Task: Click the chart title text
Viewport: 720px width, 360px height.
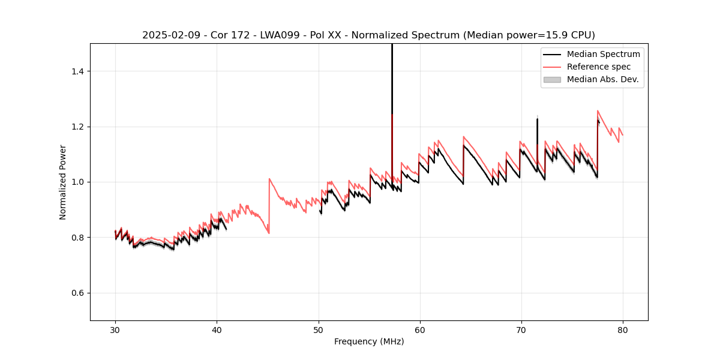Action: (x=368, y=35)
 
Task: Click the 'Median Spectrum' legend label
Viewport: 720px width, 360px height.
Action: (x=603, y=54)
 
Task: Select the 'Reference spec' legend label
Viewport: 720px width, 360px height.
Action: (x=599, y=67)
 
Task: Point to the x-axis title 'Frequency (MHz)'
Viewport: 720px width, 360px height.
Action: (x=369, y=342)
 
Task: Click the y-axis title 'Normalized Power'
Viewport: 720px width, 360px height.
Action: (x=63, y=182)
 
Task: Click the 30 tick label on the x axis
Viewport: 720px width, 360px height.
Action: (x=115, y=330)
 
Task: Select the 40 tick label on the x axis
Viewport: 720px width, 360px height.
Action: (x=217, y=330)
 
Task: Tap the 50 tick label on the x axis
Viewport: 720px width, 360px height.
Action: (x=318, y=330)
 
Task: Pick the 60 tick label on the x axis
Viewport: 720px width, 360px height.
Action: (x=420, y=330)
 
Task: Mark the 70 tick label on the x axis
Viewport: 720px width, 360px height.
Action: (x=521, y=330)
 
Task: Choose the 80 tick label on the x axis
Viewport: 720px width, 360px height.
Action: (x=623, y=330)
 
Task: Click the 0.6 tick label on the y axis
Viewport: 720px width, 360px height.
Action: (x=77, y=293)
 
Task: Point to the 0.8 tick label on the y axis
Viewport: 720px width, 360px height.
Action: (x=77, y=238)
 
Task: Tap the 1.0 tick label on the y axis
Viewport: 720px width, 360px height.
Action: (x=77, y=182)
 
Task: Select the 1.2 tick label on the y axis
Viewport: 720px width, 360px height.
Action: (x=77, y=127)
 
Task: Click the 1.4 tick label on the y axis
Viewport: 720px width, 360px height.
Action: (x=77, y=71)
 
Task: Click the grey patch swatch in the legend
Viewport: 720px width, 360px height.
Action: (x=552, y=79)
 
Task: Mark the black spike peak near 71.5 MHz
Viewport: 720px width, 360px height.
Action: (x=537, y=119)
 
